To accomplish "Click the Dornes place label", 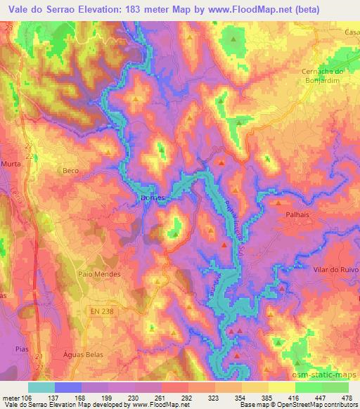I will (x=153, y=198).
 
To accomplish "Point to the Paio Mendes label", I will (x=100, y=274).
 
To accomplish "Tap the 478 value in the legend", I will (x=346, y=398).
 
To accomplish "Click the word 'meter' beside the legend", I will (x=11, y=398).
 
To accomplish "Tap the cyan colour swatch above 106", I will (x=41, y=387).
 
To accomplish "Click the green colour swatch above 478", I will (x=335, y=387).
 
